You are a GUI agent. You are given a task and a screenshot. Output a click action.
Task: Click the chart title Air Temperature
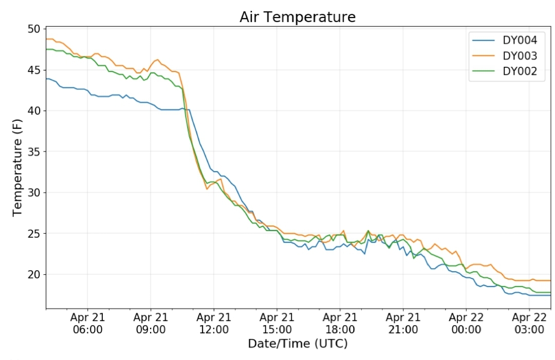click(298, 17)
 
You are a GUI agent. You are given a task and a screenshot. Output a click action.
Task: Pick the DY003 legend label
click(520, 56)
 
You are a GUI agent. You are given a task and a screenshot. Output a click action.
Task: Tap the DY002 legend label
click(520, 71)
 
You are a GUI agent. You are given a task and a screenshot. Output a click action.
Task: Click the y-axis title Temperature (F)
click(17, 168)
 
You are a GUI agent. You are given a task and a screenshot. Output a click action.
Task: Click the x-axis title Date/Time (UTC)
click(298, 344)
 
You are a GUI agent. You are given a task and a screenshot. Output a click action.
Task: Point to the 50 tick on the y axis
click(35, 29)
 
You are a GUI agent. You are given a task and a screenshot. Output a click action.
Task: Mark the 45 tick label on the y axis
click(35, 70)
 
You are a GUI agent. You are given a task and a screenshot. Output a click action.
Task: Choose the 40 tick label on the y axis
click(35, 111)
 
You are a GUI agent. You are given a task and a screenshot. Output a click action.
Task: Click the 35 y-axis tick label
click(35, 151)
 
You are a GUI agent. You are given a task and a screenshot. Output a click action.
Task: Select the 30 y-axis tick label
click(35, 193)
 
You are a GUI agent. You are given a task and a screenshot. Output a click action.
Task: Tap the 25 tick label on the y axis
click(35, 234)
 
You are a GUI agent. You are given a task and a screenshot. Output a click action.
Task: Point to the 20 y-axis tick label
click(35, 274)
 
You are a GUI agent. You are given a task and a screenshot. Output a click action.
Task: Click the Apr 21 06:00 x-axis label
click(87, 323)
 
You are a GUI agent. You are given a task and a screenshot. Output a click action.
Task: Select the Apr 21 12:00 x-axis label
click(214, 323)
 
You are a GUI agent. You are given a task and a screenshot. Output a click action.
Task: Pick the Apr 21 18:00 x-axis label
click(340, 323)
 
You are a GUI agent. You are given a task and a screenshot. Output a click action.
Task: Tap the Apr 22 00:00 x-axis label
click(466, 323)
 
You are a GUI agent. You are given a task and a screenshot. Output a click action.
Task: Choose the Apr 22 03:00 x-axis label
click(529, 323)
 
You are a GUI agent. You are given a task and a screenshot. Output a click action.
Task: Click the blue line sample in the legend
click(484, 41)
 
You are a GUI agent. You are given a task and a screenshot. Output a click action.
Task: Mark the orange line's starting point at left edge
click(46, 39)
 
